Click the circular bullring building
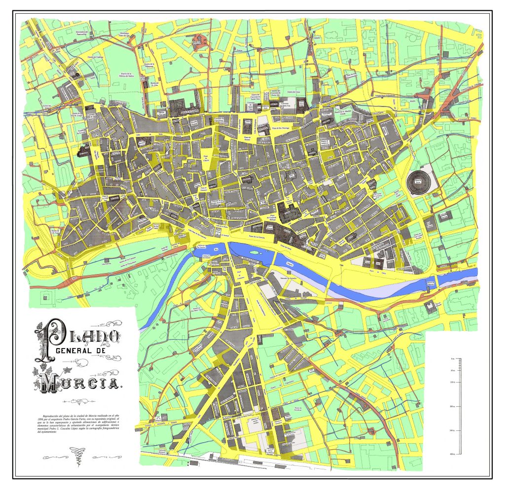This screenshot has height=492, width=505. click(x=417, y=181)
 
